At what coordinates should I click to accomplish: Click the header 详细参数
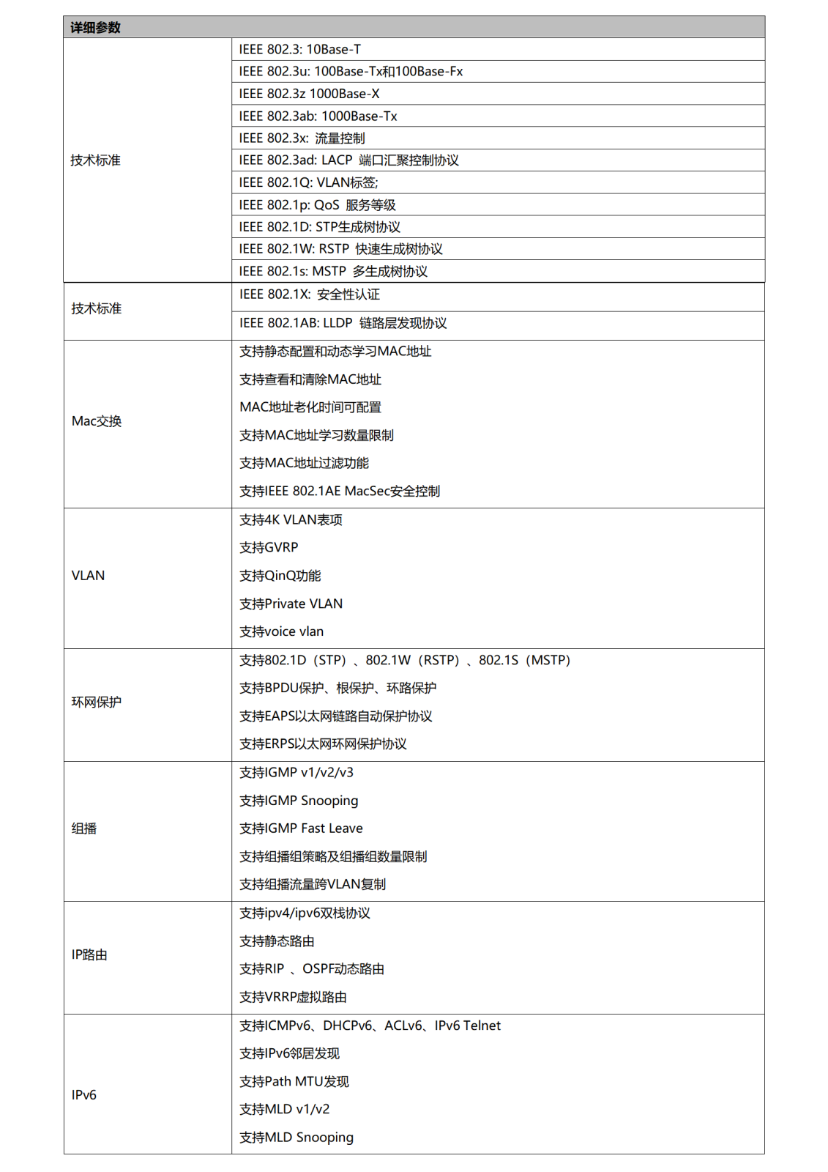point(95,28)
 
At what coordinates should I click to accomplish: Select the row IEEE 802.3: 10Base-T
point(299,50)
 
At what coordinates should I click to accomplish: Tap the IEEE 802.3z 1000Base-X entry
point(309,94)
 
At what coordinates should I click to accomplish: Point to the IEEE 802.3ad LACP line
point(348,160)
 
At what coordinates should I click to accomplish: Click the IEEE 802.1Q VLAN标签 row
point(308,182)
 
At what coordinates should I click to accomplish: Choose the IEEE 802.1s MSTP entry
point(333,272)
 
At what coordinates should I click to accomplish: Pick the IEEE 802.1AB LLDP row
point(343,323)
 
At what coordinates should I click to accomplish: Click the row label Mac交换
point(97,421)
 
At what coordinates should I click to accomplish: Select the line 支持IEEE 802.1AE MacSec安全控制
point(340,492)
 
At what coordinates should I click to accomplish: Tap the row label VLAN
point(88,576)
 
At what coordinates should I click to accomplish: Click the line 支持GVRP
point(269,548)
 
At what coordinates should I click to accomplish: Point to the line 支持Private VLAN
point(291,604)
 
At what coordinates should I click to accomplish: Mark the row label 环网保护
point(97,702)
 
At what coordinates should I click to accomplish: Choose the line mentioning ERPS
point(323,744)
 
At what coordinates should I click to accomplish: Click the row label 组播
point(84,828)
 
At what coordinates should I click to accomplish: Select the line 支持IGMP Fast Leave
point(301,828)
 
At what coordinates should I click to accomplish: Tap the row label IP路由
point(89,955)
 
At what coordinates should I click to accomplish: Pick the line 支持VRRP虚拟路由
point(293,998)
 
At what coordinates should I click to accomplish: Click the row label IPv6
point(84,1095)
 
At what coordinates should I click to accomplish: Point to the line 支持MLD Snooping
point(296,1138)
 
